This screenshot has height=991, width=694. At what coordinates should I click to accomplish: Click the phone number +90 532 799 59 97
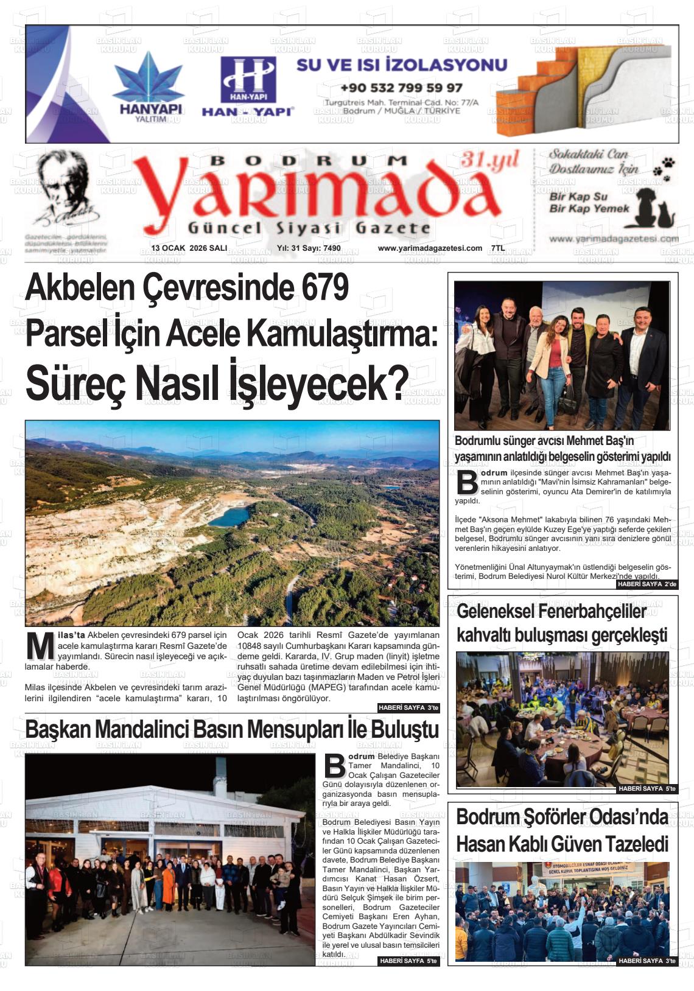click(x=401, y=88)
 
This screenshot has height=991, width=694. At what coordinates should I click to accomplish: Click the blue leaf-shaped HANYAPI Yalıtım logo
click(x=149, y=77)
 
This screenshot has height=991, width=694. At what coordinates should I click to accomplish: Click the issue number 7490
click(x=332, y=248)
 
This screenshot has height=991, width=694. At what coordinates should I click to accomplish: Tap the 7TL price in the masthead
click(x=497, y=248)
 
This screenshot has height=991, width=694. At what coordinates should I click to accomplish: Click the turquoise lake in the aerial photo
click(x=229, y=517)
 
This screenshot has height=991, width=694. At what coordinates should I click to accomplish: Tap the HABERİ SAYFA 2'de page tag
click(x=647, y=584)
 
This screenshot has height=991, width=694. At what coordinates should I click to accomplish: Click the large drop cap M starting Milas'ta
click(x=41, y=647)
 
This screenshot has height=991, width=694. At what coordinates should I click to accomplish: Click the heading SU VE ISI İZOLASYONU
click(x=401, y=65)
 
